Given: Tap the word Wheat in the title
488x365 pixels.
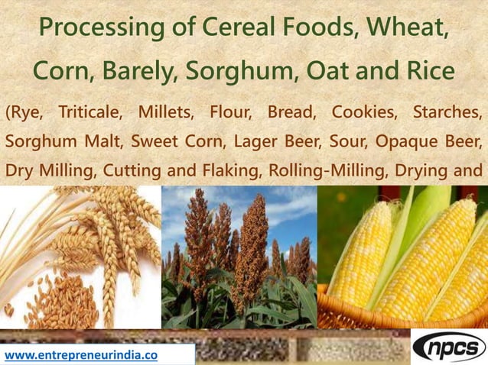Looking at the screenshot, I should click(x=407, y=28).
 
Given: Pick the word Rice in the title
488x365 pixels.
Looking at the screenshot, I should click(x=429, y=72).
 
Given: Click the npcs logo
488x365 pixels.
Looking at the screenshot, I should click(x=449, y=347).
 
